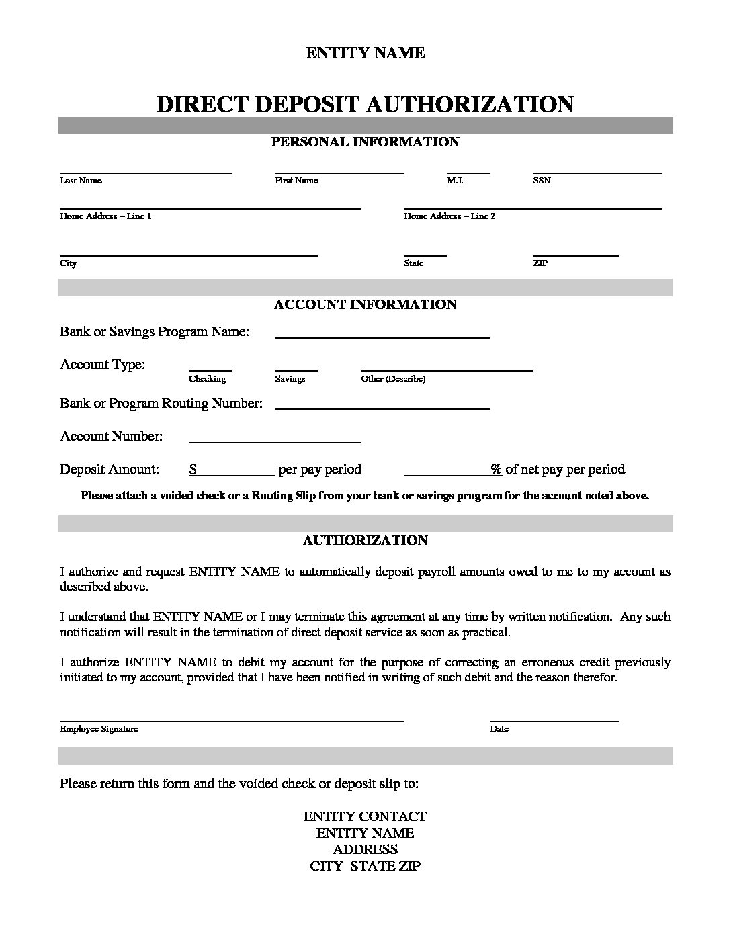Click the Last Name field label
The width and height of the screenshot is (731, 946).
[81, 181]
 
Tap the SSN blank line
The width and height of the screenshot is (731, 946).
[597, 173]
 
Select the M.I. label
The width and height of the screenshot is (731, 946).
[455, 181]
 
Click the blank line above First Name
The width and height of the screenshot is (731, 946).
[339, 173]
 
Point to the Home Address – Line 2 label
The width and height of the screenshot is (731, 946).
[449, 216]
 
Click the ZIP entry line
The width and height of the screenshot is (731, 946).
[575, 255]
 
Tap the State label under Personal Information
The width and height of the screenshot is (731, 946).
[413, 263]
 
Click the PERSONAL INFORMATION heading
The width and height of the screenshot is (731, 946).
[365, 142]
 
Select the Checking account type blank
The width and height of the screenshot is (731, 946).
[210, 370]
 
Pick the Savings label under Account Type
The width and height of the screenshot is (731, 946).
[290, 379]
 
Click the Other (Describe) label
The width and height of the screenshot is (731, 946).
[393, 379]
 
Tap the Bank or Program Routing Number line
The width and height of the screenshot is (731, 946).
[382, 408]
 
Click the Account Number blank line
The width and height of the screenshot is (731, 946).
[275, 442]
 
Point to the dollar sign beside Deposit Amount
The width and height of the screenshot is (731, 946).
[193, 469]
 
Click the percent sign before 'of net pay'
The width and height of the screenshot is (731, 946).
[496, 469]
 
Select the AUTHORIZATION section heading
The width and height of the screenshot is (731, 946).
[365, 540]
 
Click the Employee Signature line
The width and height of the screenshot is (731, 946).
[232, 720]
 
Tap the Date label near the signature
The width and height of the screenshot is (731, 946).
[499, 729]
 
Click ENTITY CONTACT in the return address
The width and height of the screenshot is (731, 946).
[365, 816]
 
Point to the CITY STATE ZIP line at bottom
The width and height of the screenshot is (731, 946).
[365, 866]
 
